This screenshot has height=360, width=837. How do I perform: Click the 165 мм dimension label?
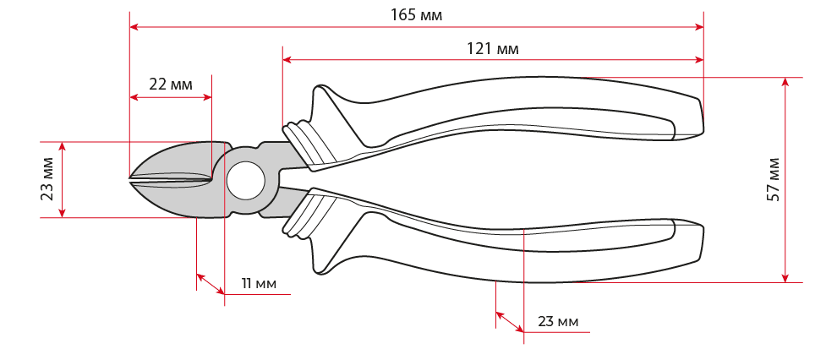tap(416, 15)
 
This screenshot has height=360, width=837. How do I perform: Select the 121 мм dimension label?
tap(493, 49)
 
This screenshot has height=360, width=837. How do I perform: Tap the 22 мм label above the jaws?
tap(171, 85)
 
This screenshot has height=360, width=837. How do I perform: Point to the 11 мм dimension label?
tap(259, 283)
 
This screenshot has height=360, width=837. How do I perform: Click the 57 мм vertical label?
tap(774, 179)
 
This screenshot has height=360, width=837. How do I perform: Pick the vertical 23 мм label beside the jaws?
tap(47, 178)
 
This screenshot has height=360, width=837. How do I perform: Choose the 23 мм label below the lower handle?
tap(558, 322)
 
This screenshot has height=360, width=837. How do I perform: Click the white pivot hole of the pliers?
tap(245, 180)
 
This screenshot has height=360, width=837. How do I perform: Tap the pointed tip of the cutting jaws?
tap(129, 178)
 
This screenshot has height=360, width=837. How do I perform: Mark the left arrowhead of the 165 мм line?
tap(134, 27)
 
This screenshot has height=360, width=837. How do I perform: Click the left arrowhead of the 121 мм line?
tap(287, 60)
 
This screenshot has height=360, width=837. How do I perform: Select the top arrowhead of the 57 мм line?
tap(785, 82)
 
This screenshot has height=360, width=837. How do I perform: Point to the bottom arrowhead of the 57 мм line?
tap(785, 278)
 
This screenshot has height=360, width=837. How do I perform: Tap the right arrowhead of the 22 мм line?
tap(208, 97)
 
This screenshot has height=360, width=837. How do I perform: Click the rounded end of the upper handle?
tap(693, 118)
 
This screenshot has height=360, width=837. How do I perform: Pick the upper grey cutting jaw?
tap(176, 159)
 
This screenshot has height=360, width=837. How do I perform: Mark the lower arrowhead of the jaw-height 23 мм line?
tap(62, 213)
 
